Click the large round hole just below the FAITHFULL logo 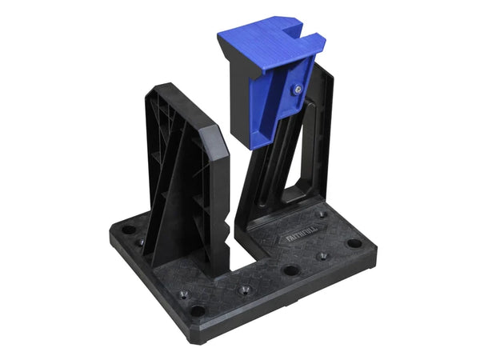(x=291, y=270)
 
